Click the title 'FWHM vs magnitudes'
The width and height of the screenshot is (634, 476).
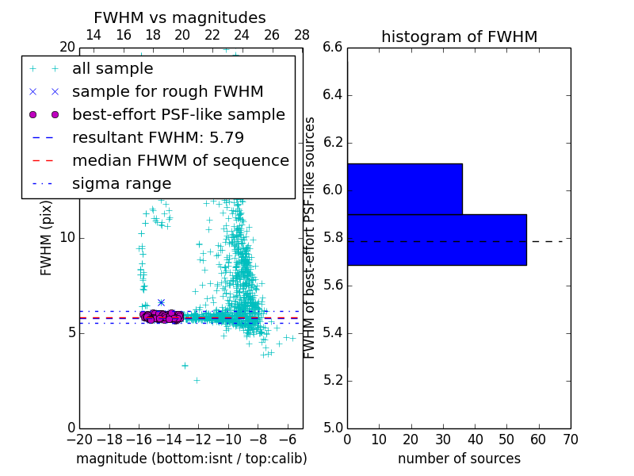coord(179,17)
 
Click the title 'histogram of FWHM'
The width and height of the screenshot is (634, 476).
coord(459,36)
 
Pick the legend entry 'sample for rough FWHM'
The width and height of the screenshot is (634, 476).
coord(167,92)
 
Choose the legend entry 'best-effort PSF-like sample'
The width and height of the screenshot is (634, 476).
coord(178,114)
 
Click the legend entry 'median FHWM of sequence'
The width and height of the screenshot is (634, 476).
coord(180,160)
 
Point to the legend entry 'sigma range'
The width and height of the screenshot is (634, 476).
coord(121,183)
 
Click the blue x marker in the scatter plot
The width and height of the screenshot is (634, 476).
coord(161,302)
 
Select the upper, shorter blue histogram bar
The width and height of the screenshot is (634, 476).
coord(404,189)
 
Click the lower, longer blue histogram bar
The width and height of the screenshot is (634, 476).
coord(437,240)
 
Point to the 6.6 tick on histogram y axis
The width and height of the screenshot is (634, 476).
coord(334,48)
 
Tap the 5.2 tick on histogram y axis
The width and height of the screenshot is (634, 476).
coord(334,380)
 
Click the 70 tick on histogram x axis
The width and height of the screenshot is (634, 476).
coord(570,439)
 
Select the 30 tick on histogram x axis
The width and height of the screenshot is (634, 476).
coord(442,439)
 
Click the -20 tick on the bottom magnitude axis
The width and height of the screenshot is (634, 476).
coord(79,439)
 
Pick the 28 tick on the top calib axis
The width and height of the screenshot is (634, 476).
coord(302,35)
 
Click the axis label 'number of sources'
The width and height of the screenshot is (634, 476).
coord(459,459)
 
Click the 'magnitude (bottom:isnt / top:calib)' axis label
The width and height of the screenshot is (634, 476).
coord(191,459)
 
